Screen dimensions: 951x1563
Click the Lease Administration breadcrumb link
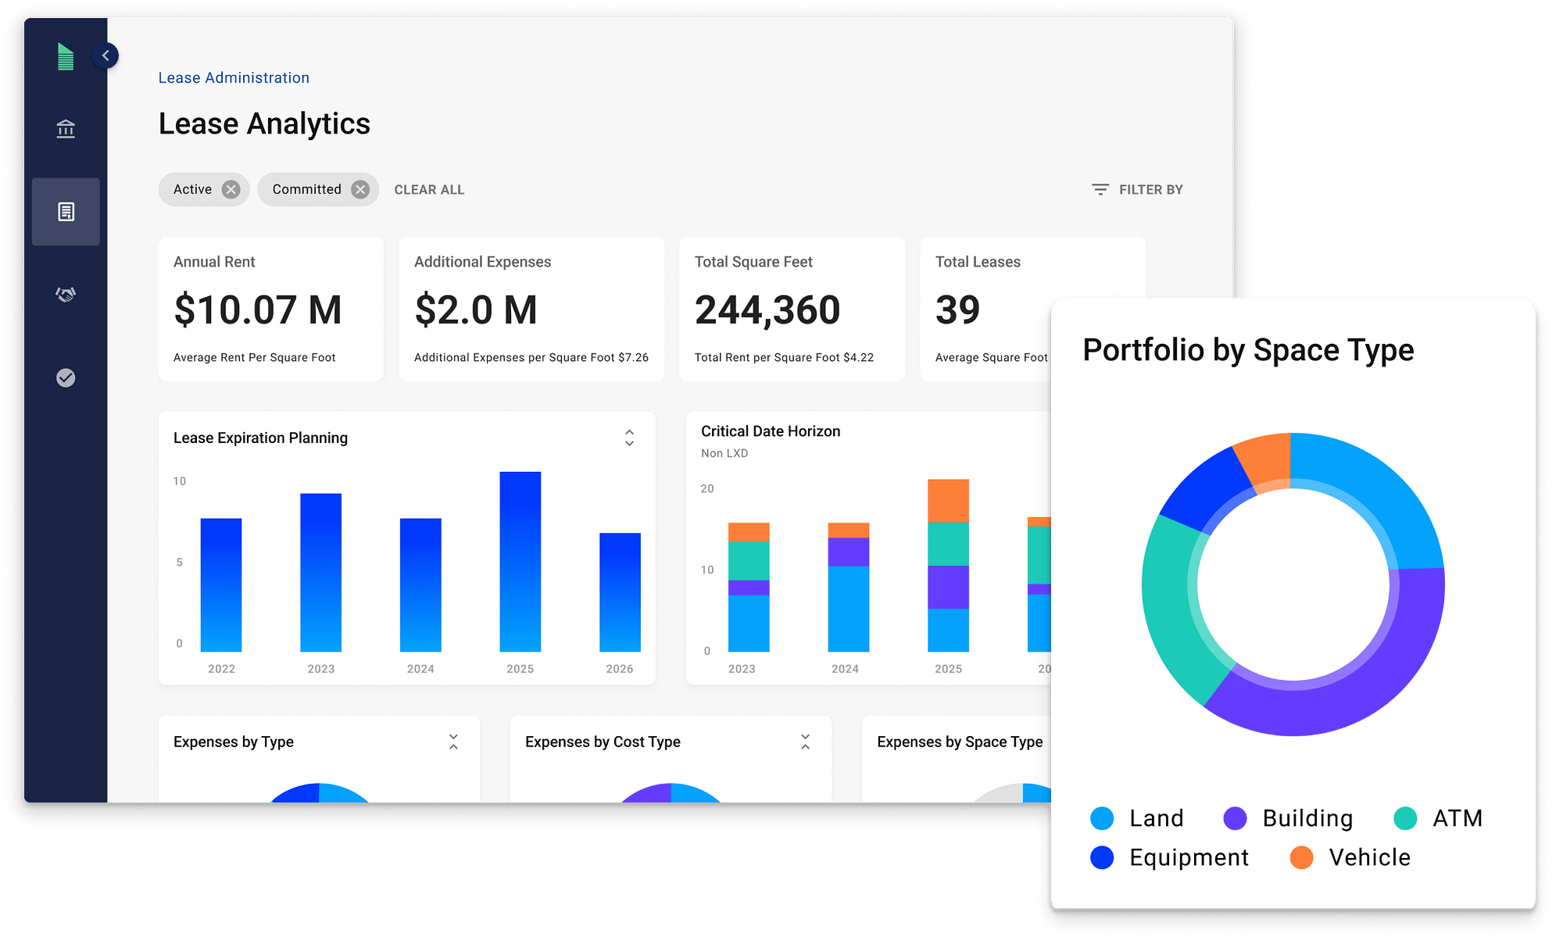(x=234, y=78)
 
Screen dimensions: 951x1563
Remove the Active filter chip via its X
(x=231, y=190)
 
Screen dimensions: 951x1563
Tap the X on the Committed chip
(x=360, y=190)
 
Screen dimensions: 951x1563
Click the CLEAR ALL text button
(x=429, y=190)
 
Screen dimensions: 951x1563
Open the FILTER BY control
(x=1138, y=190)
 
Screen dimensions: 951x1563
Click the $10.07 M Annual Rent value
(x=258, y=310)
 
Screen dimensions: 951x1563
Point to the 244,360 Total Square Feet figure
(x=767, y=310)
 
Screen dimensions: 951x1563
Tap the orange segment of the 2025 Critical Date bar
(x=948, y=500)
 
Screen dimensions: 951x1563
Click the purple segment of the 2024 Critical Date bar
(x=848, y=552)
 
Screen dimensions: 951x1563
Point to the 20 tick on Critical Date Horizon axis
(x=707, y=489)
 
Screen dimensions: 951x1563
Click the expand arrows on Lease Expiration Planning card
(x=629, y=438)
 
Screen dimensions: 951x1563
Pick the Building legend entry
(x=1289, y=818)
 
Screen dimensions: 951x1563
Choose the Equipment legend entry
(x=1170, y=857)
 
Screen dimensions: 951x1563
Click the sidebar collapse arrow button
(x=106, y=55)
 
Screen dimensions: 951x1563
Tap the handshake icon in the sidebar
(x=66, y=295)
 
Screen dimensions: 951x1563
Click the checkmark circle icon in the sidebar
(x=66, y=378)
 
